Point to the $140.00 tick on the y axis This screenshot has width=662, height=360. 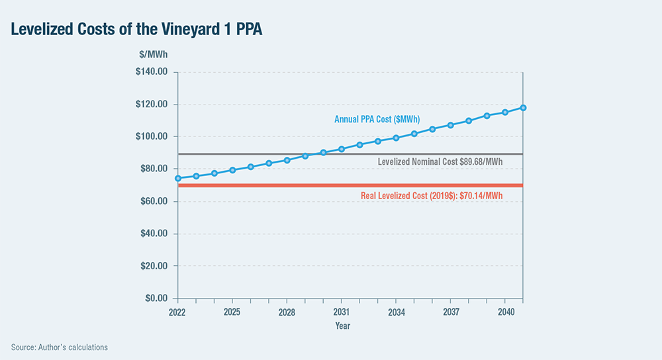pyautogui.click(x=150, y=72)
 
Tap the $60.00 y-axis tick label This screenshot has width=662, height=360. pyautogui.click(x=152, y=201)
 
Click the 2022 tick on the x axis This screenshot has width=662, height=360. pyautogui.click(x=177, y=311)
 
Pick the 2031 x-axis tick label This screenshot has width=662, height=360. pyautogui.click(x=341, y=311)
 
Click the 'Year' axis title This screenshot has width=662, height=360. pyautogui.click(x=342, y=326)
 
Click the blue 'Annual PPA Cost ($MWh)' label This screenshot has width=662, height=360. pyautogui.click(x=377, y=120)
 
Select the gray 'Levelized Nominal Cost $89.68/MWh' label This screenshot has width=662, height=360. pyautogui.click(x=441, y=161)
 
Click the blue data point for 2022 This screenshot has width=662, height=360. pyautogui.click(x=178, y=178)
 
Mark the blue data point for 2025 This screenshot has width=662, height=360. pyautogui.click(x=232, y=170)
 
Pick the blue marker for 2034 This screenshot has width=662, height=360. pyautogui.click(x=396, y=138)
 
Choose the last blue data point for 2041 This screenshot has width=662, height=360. pyautogui.click(x=523, y=107)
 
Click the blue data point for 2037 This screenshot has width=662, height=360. pyautogui.click(x=450, y=125)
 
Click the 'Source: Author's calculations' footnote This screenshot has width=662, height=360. pyautogui.click(x=60, y=347)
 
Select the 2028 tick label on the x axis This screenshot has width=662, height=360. pyautogui.click(x=287, y=311)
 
